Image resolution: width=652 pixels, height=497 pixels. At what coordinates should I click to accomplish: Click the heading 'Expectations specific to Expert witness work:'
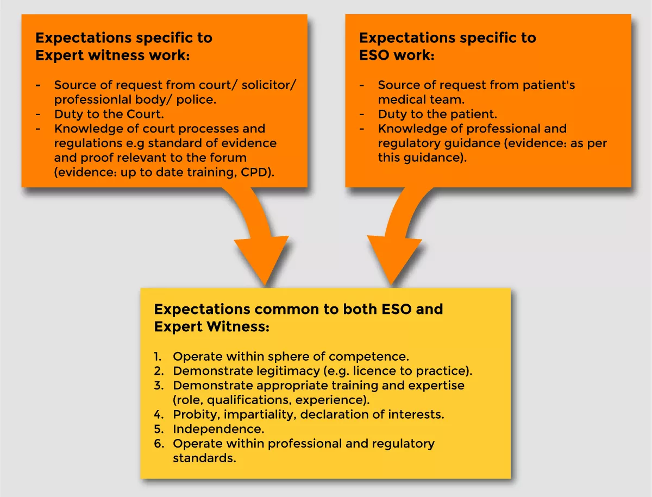point(124,47)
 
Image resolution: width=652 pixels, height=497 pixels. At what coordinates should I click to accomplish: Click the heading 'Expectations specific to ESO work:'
point(447,47)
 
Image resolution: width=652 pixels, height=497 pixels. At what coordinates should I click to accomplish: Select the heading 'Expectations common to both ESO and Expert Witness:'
point(298,318)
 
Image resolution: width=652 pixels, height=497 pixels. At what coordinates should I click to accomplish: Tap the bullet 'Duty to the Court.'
point(109,115)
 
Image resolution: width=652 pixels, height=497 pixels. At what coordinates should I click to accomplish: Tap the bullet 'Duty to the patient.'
point(437,115)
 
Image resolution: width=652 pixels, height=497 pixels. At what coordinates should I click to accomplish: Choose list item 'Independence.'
point(218,429)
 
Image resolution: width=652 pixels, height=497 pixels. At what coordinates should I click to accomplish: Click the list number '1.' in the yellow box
point(158,357)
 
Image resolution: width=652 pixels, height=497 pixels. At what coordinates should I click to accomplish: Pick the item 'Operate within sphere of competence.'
point(291,357)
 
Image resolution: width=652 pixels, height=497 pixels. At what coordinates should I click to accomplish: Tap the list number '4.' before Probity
point(158,414)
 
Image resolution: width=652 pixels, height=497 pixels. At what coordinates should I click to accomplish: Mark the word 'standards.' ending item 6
point(204,458)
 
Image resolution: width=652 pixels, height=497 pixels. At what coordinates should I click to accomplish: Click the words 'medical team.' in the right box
point(421,100)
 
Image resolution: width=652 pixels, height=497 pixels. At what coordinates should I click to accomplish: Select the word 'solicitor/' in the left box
point(268,85)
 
